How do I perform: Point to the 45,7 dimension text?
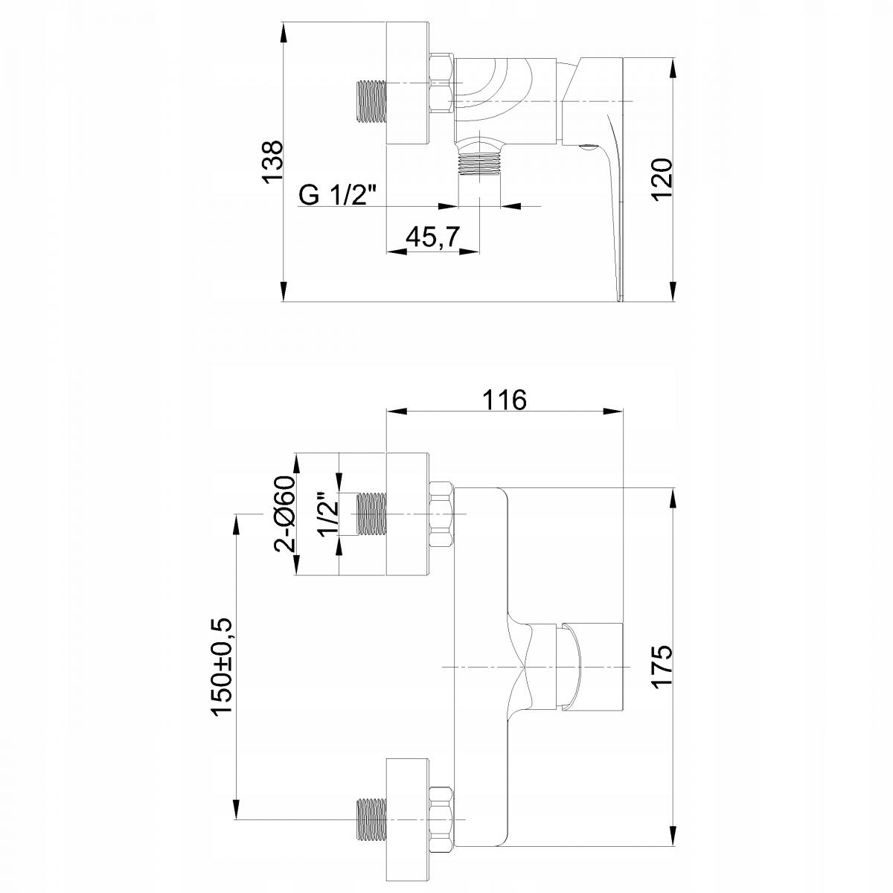(432, 237)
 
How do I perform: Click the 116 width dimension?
(505, 400)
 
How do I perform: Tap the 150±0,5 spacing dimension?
(222, 653)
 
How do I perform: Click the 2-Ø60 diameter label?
(284, 514)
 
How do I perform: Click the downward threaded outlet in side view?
(479, 164)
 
